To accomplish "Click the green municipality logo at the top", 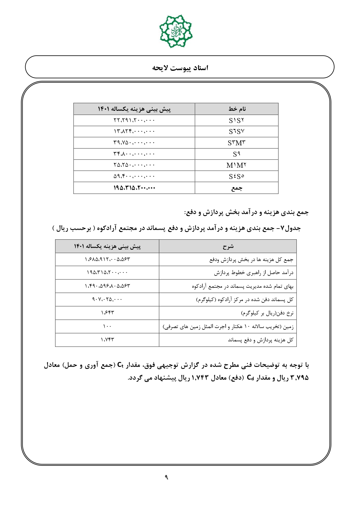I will pyautogui.click(x=176, y=31).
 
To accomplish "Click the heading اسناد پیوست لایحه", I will pyautogui.click(x=180, y=68).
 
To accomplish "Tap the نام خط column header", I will pyautogui.click(x=237, y=109).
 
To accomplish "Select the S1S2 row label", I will pyautogui.click(x=236, y=120).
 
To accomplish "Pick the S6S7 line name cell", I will pyautogui.click(x=236, y=132).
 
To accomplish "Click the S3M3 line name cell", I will pyautogui.click(x=236, y=143).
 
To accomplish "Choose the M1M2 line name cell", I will pyautogui.click(x=236, y=165).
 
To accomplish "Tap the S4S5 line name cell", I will pyautogui.click(x=236, y=176).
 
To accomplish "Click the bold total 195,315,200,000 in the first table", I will pyautogui.click(x=134, y=188).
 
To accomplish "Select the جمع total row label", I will pyautogui.click(x=237, y=188).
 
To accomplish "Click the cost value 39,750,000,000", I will pyautogui.click(x=134, y=143).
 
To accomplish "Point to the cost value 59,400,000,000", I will pyautogui.click(x=134, y=176).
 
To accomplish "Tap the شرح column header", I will pyautogui.click(x=228, y=247).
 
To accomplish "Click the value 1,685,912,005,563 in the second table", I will pyautogui.click(x=107, y=259).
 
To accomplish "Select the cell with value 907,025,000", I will pyautogui.click(x=107, y=300).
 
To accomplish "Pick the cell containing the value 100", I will pyautogui.click(x=107, y=327).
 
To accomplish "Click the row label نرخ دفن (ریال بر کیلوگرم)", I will pyautogui.click(x=267, y=313).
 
